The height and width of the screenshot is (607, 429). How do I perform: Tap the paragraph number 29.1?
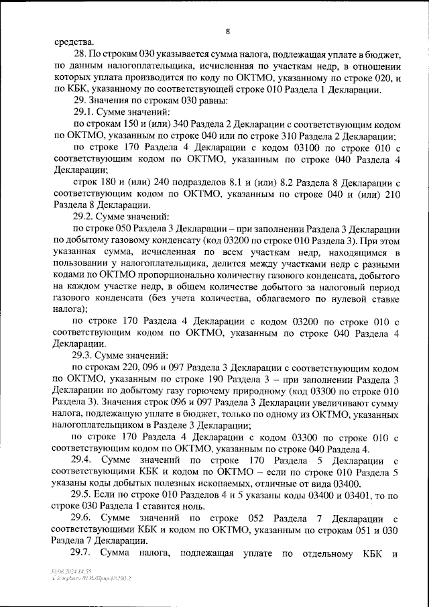click(x=85, y=112)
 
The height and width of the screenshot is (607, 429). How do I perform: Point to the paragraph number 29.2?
click(x=85, y=217)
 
